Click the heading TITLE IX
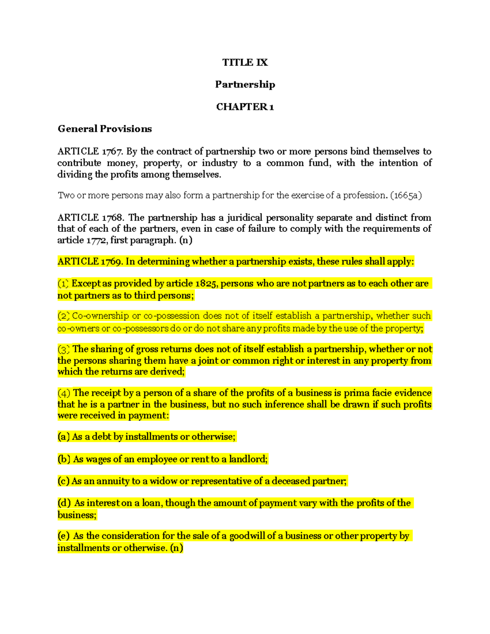click(x=245, y=62)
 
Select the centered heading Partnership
click(x=245, y=85)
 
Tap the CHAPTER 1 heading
click(x=245, y=107)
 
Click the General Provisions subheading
click(x=105, y=129)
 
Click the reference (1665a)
click(x=406, y=195)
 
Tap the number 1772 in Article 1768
click(x=96, y=240)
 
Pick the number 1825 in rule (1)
click(x=206, y=284)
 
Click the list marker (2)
click(x=64, y=316)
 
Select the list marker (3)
click(x=64, y=349)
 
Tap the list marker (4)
click(x=64, y=393)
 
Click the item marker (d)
click(x=64, y=503)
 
